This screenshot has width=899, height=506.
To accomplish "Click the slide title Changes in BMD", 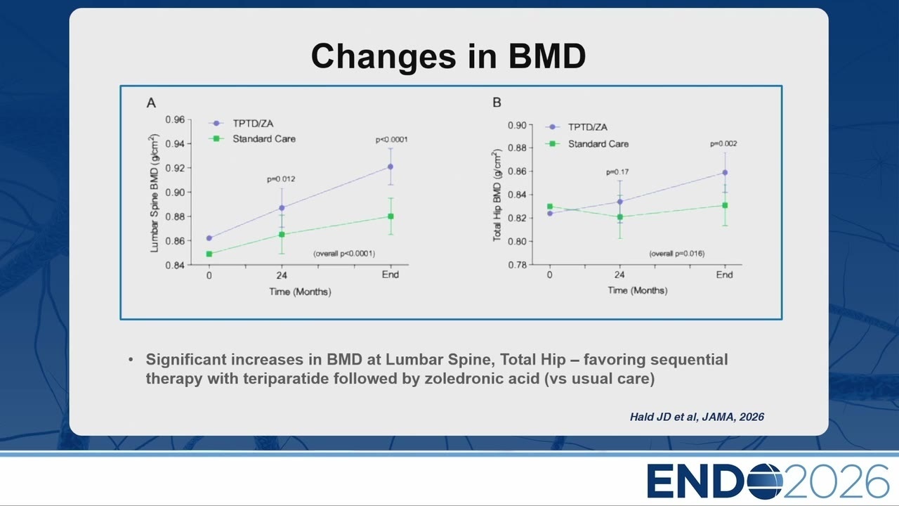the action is point(448,56).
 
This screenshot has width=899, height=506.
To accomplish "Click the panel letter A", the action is point(151,103).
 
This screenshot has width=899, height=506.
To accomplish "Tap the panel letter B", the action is point(497,103).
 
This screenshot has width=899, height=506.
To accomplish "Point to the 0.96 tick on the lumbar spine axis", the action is point(175,119).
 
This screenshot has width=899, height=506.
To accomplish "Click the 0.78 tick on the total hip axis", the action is point(517,265).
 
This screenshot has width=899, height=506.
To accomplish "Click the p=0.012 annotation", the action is point(281,179).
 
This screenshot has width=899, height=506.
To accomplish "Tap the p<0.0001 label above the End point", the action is point(391,140).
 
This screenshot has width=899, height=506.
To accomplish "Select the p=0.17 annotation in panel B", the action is point(617,172).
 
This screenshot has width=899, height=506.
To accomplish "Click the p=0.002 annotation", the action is point(723,144).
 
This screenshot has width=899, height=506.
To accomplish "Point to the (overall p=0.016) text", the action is point(676,254).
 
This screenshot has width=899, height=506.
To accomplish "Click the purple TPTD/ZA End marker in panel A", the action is point(391,167).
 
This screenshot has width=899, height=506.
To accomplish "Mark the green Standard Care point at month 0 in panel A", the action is point(209,254).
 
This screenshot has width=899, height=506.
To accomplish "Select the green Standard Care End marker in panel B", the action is point(725,205).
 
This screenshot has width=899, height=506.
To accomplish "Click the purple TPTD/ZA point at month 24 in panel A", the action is point(282,207).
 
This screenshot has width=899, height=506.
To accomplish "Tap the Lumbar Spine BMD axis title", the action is point(154,193).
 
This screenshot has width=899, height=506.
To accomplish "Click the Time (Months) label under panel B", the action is point(637,290).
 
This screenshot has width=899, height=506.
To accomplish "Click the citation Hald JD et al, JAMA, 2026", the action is point(697,417).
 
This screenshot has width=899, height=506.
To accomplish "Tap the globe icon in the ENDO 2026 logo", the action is point(765,481).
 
